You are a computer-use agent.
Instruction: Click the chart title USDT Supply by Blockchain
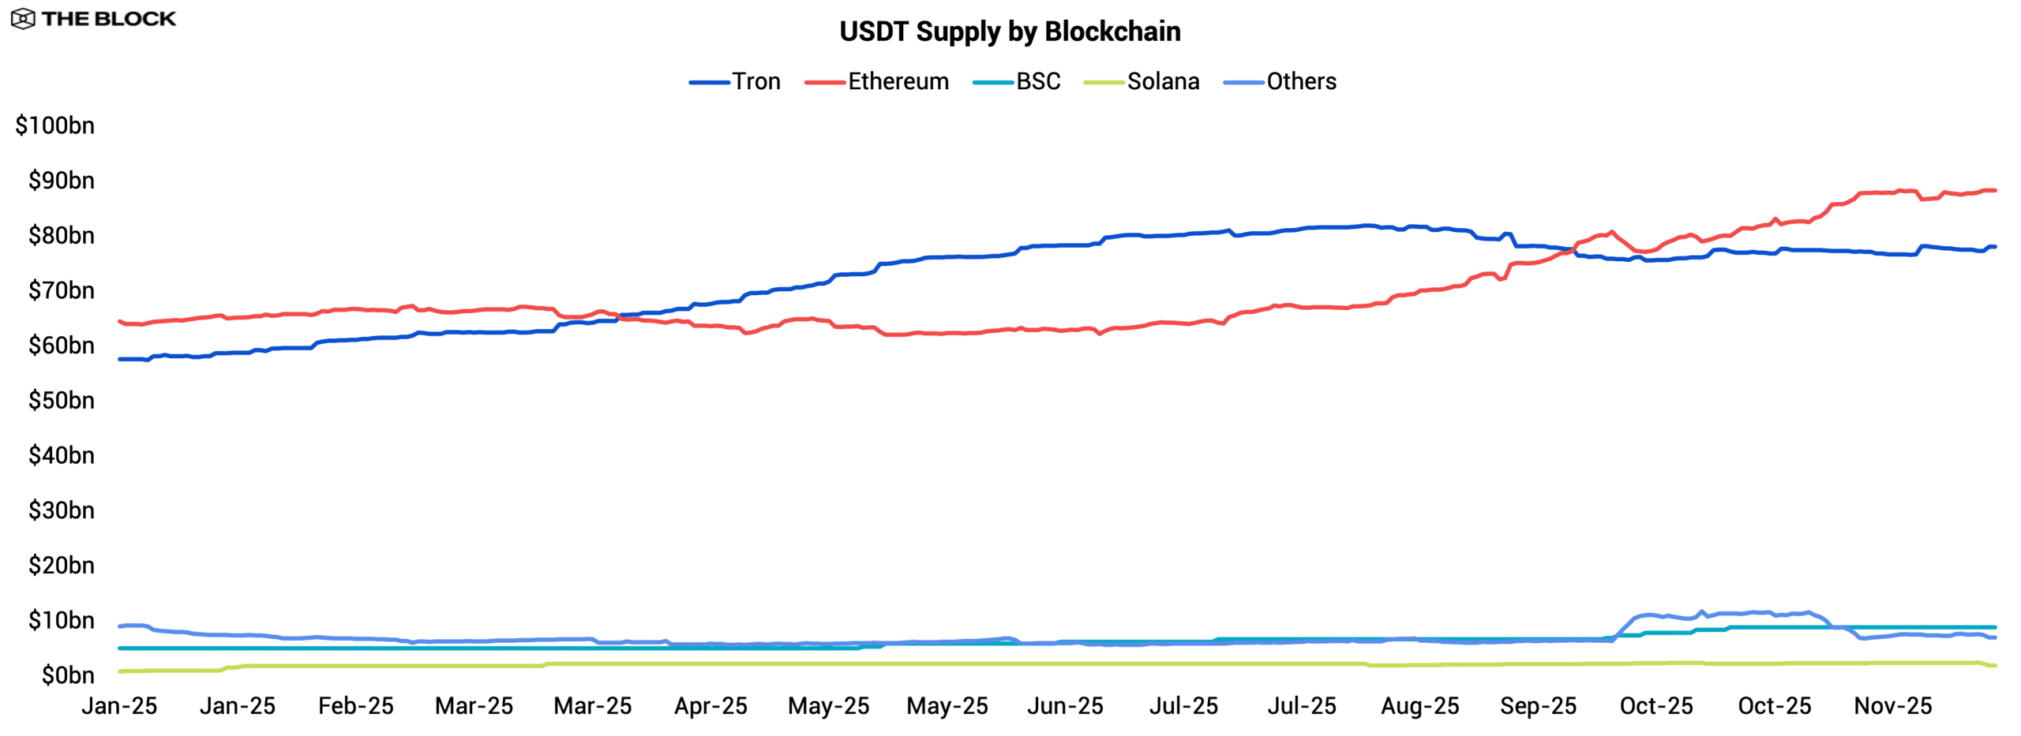tap(1010, 32)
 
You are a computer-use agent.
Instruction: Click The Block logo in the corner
tap(93, 18)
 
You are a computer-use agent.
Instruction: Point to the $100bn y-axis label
tap(55, 125)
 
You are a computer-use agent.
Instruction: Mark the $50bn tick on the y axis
tap(62, 401)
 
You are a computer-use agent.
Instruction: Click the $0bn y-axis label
tap(68, 675)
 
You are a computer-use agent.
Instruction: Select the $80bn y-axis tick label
tap(62, 236)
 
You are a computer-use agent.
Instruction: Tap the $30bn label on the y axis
tap(62, 510)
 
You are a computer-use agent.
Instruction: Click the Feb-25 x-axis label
tap(355, 706)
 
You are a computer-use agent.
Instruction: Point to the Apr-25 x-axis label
tap(711, 706)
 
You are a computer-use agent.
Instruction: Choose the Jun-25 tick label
tap(1065, 706)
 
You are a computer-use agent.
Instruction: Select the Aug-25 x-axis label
tap(1419, 706)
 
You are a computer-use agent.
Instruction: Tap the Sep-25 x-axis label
tap(1538, 706)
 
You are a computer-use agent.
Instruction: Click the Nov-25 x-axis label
tap(1892, 706)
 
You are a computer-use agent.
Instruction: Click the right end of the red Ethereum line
tap(1994, 190)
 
